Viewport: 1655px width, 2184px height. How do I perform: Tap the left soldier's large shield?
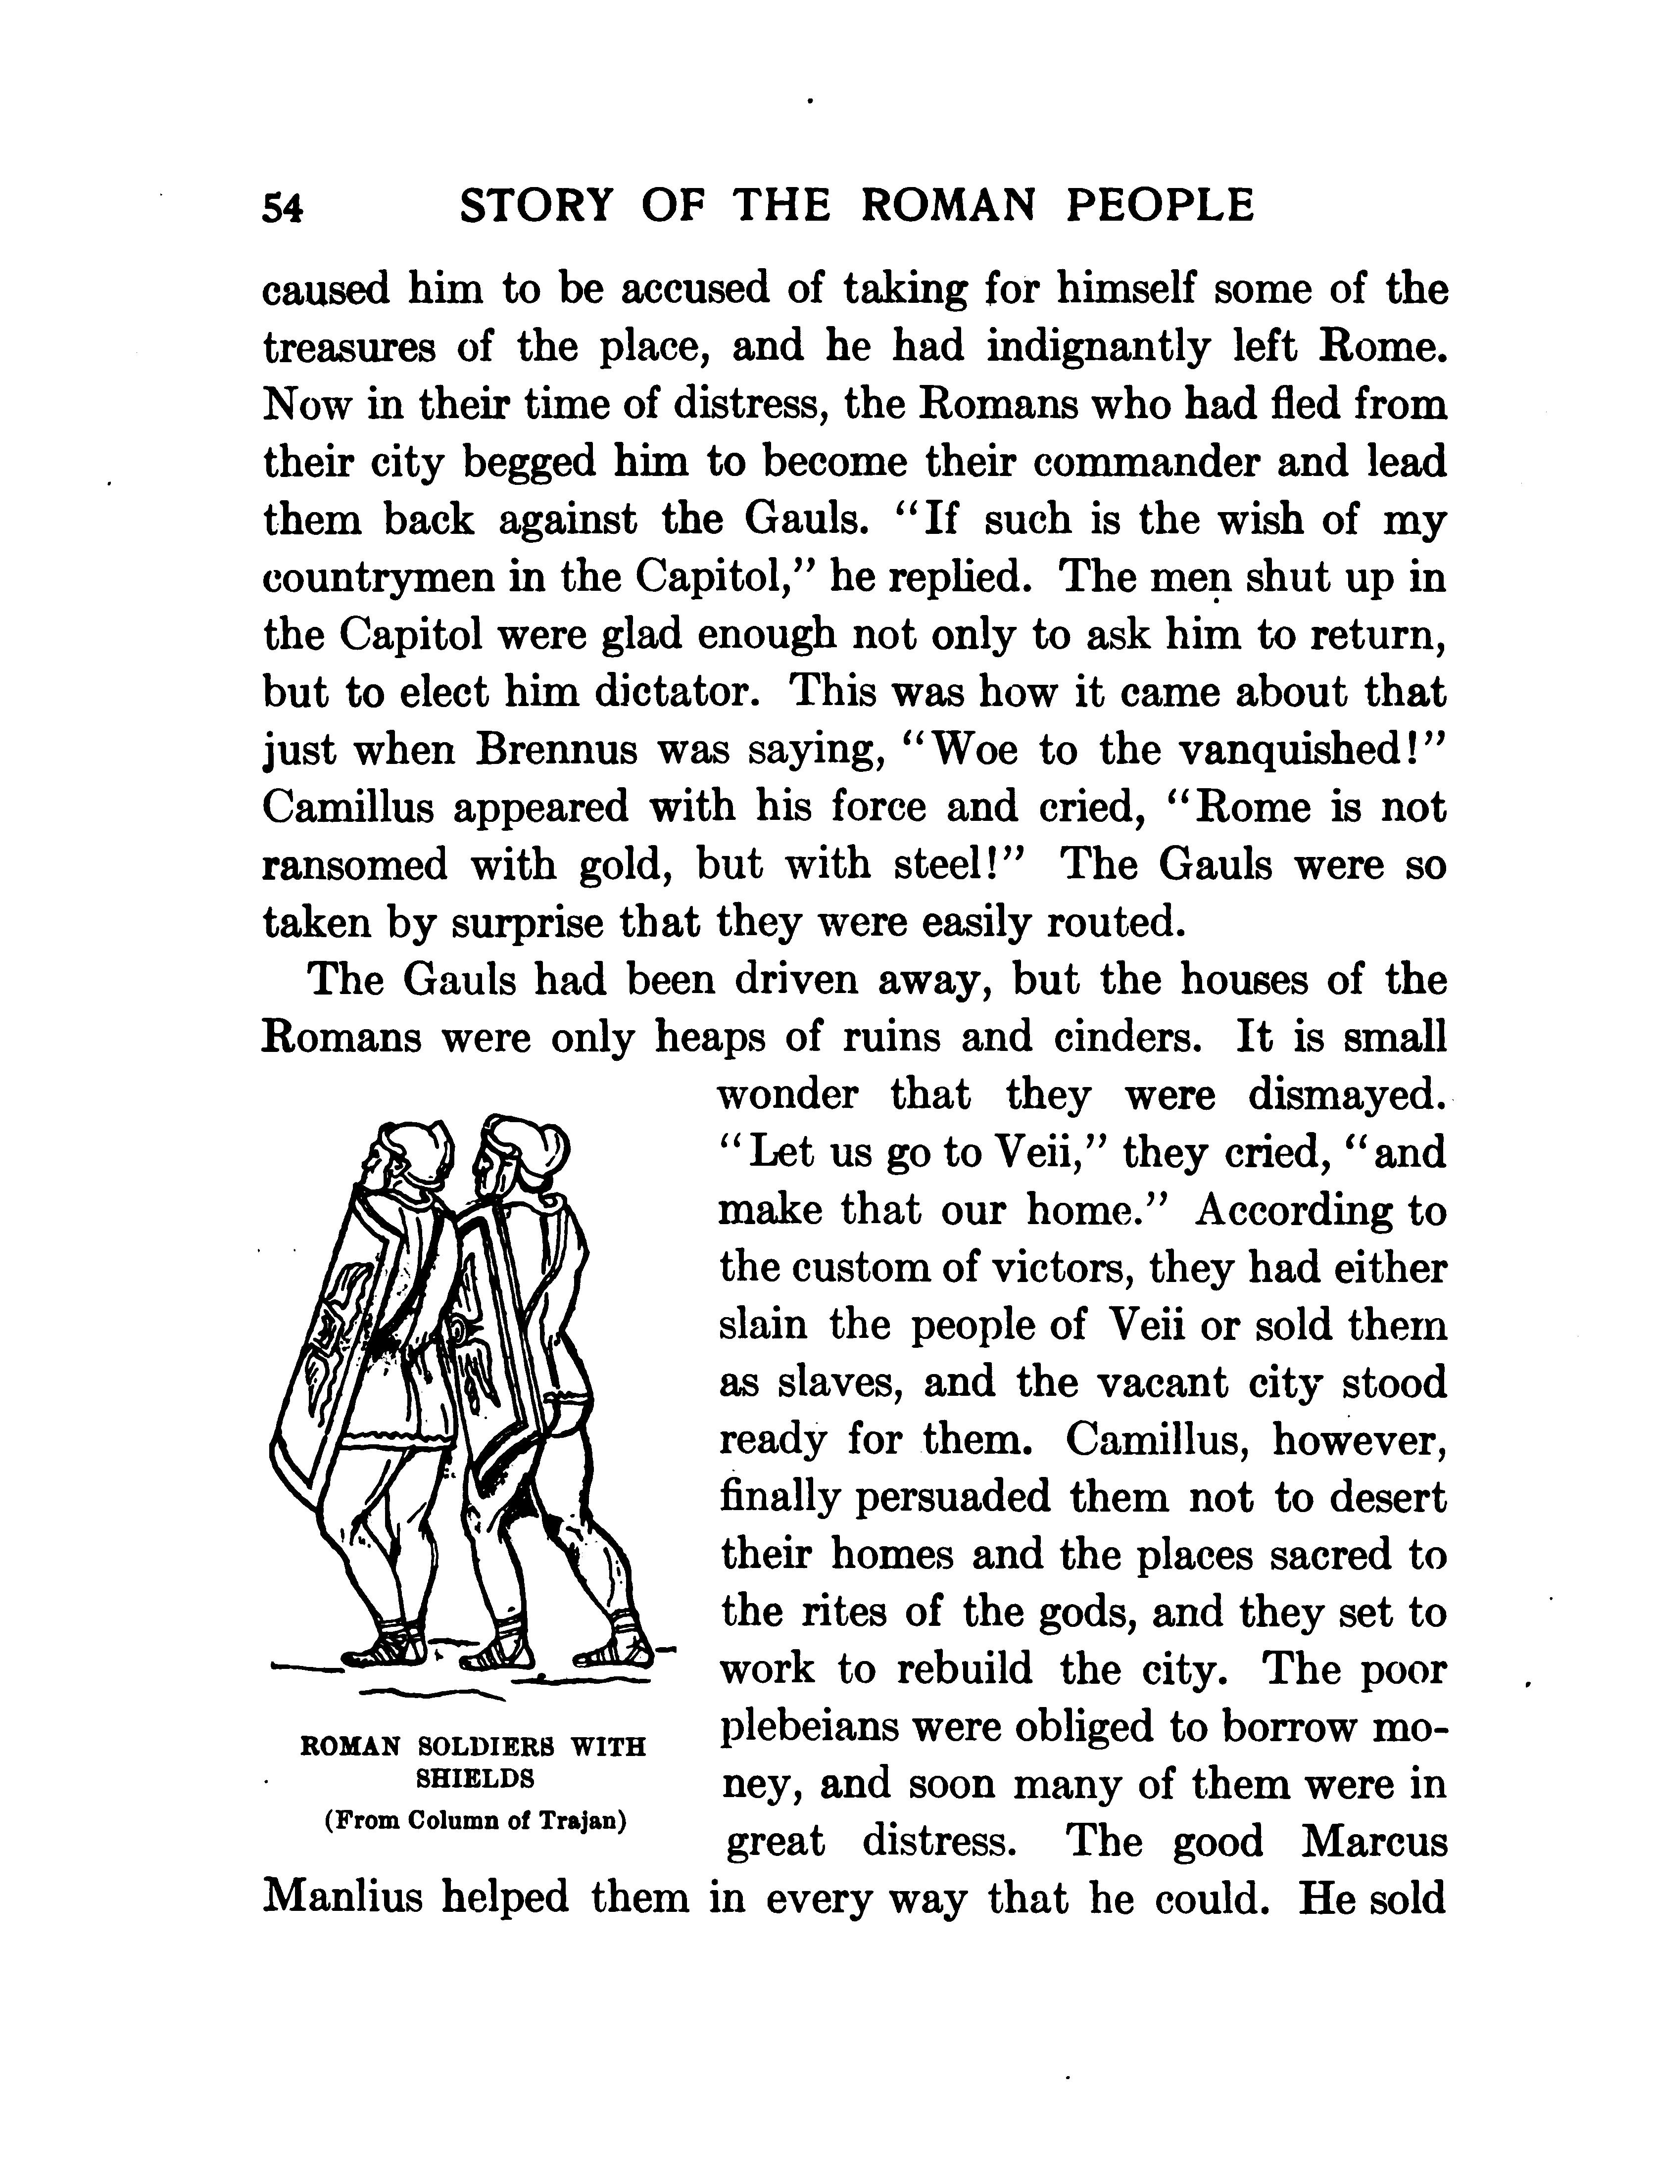[x=336, y=1353]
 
